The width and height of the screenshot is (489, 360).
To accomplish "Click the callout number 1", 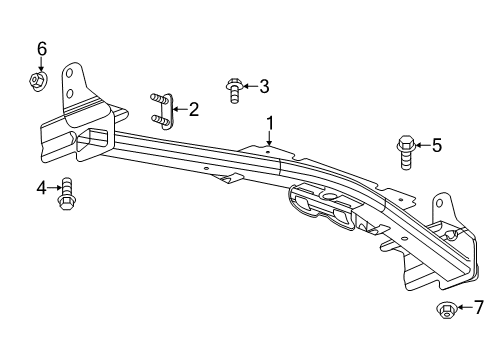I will point(269,123).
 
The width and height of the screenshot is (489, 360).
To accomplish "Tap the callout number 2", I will point(194,108).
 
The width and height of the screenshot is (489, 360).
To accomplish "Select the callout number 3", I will point(264,87).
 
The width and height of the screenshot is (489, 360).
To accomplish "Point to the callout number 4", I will point(42,187).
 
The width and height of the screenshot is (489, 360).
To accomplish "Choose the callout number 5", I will point(435,146).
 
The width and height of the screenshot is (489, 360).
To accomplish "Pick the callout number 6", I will point(42,49).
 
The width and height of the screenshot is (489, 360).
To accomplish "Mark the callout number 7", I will point(478,307).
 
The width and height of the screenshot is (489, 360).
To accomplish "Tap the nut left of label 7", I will point(446,311).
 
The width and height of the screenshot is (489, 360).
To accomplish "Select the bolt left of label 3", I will point(233,90).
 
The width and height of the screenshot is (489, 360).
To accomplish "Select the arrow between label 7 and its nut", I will point(463,308).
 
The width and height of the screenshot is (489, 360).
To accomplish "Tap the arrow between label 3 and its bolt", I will point(249,87).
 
